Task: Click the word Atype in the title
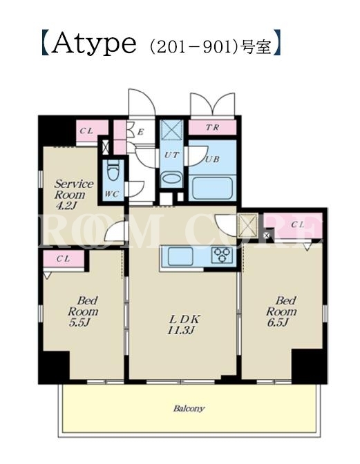coord(93,43)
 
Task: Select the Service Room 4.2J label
coord(74,195)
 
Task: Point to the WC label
coord(112,194)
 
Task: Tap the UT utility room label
coord(171,155)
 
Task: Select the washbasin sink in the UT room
coord(171,180)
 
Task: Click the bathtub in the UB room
coord(211,188)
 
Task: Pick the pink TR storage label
coord(213,128)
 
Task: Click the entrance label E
coord(140,133)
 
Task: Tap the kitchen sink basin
coord(180,256)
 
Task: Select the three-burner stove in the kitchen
coord(222,255)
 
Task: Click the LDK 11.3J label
coord(184,325)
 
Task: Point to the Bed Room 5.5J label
coord(83,311)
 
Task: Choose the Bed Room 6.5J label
coord(281,311)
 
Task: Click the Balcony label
coord(189,409)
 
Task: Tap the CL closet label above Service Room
coord(86,130)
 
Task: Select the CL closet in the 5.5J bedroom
coord(64,259)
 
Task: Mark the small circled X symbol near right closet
coord(267,235)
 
